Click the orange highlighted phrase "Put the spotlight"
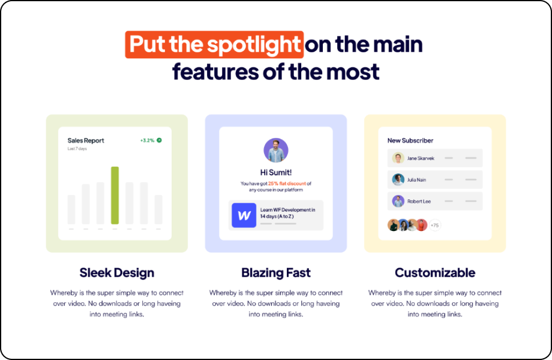pos(214,44)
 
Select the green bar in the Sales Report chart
pos(115,196)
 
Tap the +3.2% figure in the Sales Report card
pos(147,140)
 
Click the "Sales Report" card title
pos(86,140)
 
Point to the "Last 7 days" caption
pos(77,149)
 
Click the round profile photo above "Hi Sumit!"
pos(276,150)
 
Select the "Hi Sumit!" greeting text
pos(276,172)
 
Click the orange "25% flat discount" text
pos(287,184)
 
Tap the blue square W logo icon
pos(244,215)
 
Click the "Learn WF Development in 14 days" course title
pos(287,213)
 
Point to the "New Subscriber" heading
pos(410,140)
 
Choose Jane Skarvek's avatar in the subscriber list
pos(398,158)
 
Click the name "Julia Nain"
pos(416,180)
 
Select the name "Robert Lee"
pos(419,201)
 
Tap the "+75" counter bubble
pos(435,225)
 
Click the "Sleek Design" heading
pos(117,273)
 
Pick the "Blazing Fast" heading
pos(276,273)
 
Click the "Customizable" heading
pos(435,273)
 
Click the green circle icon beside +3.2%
pos(159,140)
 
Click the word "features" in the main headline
pos(215,71)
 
